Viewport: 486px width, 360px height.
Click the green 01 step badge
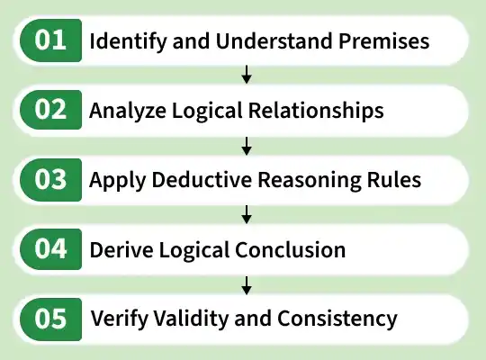tap(50, 40)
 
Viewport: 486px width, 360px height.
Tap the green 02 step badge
tap(50, 110)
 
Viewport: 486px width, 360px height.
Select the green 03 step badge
tap(50, 180)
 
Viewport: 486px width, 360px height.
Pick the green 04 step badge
tap(50, 249)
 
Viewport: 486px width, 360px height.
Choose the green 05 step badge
tap(50, 319)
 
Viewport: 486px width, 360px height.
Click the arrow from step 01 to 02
tap(247, 75)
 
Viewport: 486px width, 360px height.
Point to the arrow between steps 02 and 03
tap(247, 146)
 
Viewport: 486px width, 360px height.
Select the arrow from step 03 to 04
tap(247, 214)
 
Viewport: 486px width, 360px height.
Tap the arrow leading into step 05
tap(247, 285)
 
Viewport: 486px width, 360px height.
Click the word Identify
tap(128, 41)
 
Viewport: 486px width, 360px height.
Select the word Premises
tap(383, 40)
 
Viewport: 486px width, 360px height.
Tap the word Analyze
tap(128, 111)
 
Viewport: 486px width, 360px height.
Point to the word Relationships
tap(316, 111)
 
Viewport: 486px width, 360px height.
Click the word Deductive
tap(202, 179)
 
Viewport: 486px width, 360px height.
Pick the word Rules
tap(394, 179)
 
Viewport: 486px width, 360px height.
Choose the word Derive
tap(121, 249)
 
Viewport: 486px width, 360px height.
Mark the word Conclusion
tap(291, 249)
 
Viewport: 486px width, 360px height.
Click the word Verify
tap(120, 319)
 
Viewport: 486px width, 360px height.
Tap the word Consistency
tap(337, 319)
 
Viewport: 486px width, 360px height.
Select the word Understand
tap(274, 40)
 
